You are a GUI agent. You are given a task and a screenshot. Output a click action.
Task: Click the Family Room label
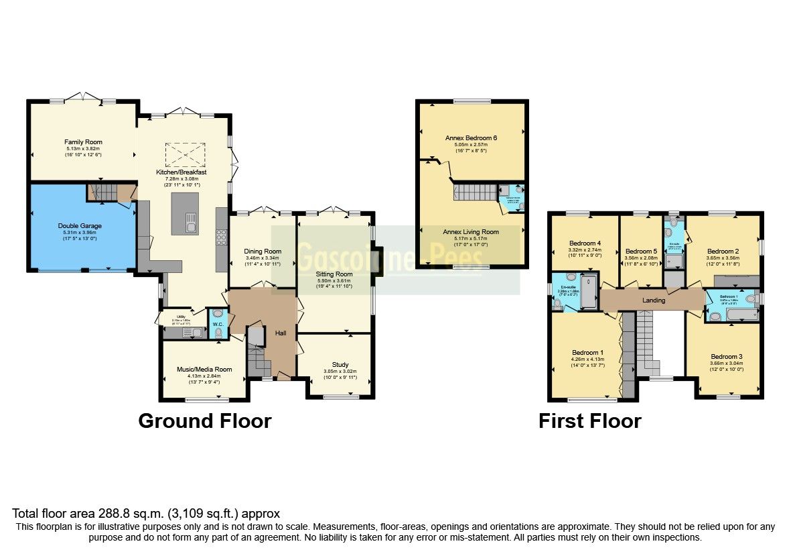[83, 142]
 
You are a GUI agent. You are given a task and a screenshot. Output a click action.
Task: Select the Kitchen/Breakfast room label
[181, 172]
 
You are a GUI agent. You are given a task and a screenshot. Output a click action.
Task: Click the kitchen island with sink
[185, 213]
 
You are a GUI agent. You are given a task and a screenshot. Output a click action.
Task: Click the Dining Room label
[263, 252]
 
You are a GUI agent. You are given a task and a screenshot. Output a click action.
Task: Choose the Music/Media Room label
[204, 370]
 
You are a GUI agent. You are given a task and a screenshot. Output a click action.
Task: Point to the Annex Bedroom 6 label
[471, 137]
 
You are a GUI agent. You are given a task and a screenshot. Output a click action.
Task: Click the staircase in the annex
[474, 192]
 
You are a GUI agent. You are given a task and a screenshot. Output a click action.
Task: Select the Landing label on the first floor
[654, 300]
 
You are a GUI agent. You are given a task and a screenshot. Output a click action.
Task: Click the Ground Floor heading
[204, 421]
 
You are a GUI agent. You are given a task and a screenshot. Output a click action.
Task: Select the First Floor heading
[589, 421]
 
